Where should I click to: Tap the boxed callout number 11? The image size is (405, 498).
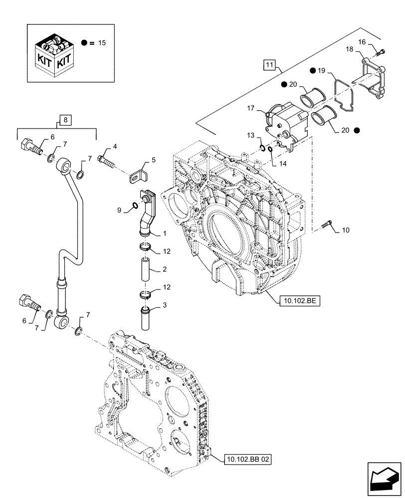(x=269, y=65)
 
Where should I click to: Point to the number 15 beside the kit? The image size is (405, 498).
(x=102, y=43)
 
